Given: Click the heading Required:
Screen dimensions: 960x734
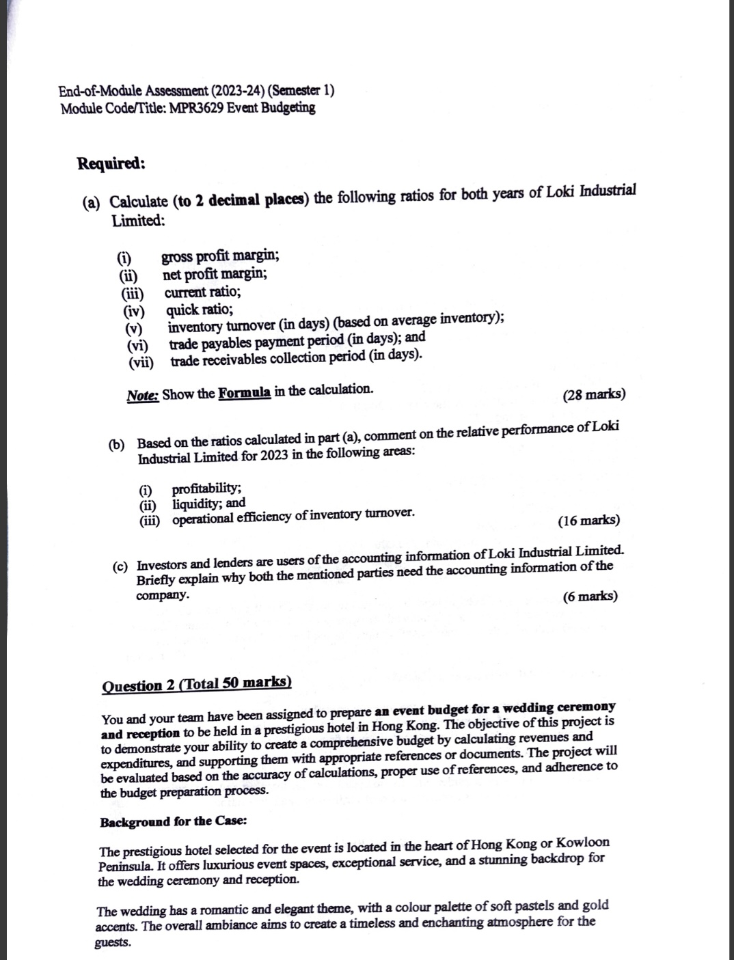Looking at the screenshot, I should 111,163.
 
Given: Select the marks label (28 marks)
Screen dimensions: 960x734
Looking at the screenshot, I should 594,394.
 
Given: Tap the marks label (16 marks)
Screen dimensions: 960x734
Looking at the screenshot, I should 589,521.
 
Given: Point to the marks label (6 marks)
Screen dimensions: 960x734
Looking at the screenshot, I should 590,596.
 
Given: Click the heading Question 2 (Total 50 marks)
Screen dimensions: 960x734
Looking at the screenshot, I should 196,684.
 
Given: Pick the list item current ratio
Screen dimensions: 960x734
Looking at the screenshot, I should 202,292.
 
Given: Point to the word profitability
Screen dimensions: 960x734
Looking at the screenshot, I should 206,489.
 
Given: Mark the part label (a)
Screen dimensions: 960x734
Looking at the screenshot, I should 92,202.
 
